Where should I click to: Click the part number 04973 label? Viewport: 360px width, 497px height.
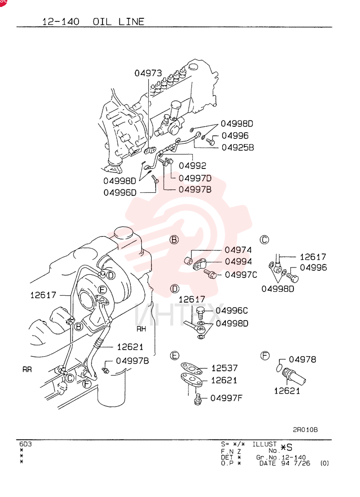click(x=148, y=73)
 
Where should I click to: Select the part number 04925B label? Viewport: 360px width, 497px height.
click(x=238, y=148)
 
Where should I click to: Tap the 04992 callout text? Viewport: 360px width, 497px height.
click(x=192, y=166)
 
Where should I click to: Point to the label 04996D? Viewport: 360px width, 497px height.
click(x=120, y=192)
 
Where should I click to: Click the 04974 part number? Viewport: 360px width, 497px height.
click(x=238, y=250)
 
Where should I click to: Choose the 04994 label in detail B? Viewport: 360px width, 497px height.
click(x=238, y=261)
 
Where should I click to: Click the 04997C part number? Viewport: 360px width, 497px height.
click(x=241, y=274)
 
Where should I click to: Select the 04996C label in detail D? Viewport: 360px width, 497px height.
click(x=232, y=310)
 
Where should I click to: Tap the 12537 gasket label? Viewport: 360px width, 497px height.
click(x=224, y=368)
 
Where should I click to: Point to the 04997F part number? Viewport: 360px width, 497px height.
click(x=226, y=398)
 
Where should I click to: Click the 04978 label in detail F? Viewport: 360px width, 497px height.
click(x=302, y=359)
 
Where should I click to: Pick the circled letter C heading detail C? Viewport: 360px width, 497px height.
click(x=264, y=240)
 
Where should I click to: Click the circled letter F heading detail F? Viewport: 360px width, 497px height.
click(x=265, y=356)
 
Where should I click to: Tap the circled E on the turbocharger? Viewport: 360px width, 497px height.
click(x=102, y=290)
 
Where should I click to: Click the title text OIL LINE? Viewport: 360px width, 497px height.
click(x=118, y=21)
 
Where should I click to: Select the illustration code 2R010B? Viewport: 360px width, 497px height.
click(x=305, y=430)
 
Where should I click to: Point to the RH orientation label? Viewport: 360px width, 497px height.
click(x=141, y=329)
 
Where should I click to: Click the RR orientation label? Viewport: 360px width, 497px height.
click(x=27, y=370)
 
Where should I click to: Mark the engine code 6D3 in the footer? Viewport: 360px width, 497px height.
click(x=25, y=444)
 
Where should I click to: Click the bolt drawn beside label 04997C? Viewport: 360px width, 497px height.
click(x=210, y=273)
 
